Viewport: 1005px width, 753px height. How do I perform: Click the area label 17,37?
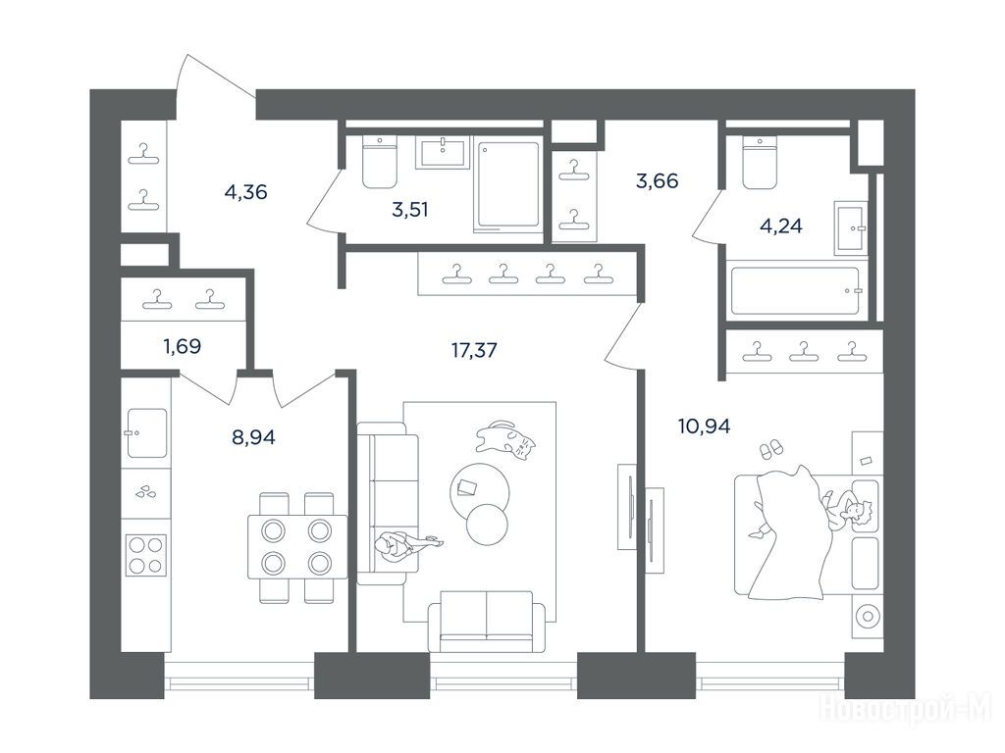(x=474, y=350)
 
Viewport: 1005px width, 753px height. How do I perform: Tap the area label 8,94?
(x=253, y=437)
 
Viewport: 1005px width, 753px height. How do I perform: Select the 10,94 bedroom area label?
(x=704, y=426)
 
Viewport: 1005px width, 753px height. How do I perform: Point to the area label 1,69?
(x=182, y=346)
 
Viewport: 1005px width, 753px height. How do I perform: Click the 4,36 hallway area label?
(x=245, y=191)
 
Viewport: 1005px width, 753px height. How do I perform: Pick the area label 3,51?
(x=409, y=210)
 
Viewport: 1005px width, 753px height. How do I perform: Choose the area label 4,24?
(x=780, y=226)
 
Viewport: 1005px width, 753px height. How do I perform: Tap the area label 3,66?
(x=657, y=181)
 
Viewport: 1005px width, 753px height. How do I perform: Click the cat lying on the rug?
(x=504, y=439)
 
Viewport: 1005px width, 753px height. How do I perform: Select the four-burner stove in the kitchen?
(x=146, y=555)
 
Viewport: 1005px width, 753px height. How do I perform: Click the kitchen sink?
(x=147, y=432)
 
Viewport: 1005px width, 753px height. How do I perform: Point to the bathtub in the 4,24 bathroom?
(x=795, y=290)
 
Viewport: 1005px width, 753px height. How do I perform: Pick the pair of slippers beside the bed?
(x=770, y=448)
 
